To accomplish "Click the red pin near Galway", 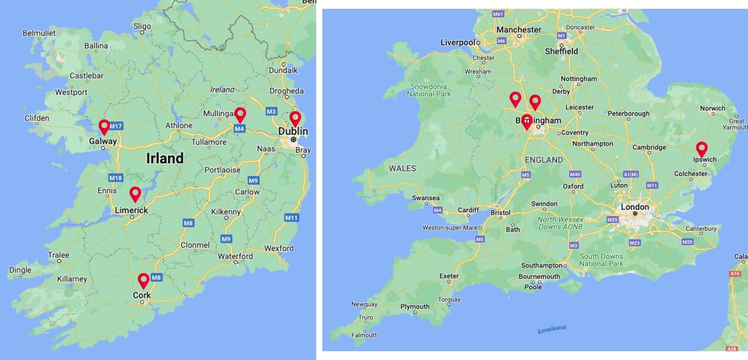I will coord(104,126).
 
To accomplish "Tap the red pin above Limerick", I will coord(135,193).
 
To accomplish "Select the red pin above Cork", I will coord(144,280).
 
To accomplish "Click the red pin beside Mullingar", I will coord(241,114).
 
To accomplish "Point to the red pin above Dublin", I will coord(295,118).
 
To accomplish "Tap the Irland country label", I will coord(165,158).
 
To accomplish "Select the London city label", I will coord(635,207).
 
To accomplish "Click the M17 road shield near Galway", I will coord(116,126).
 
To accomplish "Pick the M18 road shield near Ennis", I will coord(115,178).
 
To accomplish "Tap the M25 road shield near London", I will coord(612,220).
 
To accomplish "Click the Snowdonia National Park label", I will coord(429,90).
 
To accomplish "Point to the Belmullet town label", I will coord(39,33).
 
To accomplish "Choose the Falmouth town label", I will coord(364,335).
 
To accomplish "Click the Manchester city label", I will coord(519,30).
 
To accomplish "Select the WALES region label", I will coord(402,168).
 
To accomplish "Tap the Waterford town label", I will coord(235,256).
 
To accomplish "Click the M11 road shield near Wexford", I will coord(291,218).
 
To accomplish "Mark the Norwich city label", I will coord(712,108).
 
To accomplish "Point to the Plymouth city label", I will coord(414,307).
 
